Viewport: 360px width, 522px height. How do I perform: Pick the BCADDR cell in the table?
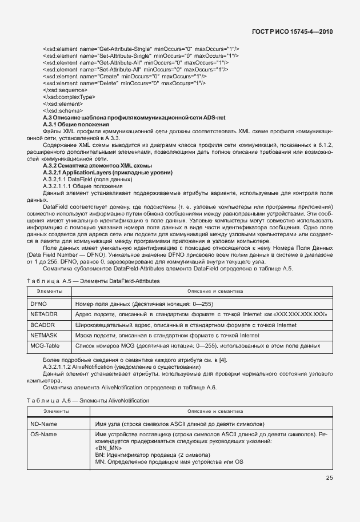point(42,325)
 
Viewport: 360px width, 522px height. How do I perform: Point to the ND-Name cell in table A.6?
point(43,424)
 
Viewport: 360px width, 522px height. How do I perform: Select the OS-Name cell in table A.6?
point(43,435)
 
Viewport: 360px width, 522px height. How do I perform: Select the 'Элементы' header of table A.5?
point(50,292)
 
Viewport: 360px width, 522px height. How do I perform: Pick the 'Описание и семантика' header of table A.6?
point(215,412)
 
